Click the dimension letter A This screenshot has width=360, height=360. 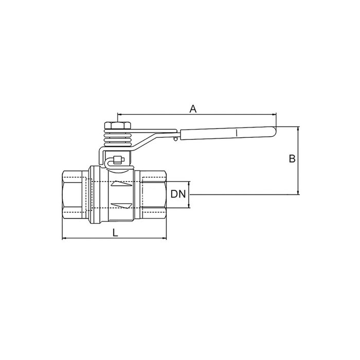click(x=193, y=109)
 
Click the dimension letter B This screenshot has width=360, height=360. click(x=292, y=159)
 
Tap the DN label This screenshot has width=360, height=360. click(x=178, y=194)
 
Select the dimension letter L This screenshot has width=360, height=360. click(x=115, y=232)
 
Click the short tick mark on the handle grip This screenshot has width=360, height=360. click(x=236, y=133)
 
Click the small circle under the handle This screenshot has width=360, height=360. click(x=175, y=138)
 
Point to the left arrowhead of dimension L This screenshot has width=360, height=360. click(x=64, y=239)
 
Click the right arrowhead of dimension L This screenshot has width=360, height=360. click(x=166, y=239)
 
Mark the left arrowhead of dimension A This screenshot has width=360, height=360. click(x=119, y=115)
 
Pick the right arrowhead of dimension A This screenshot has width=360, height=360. click(x=275, y=115)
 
